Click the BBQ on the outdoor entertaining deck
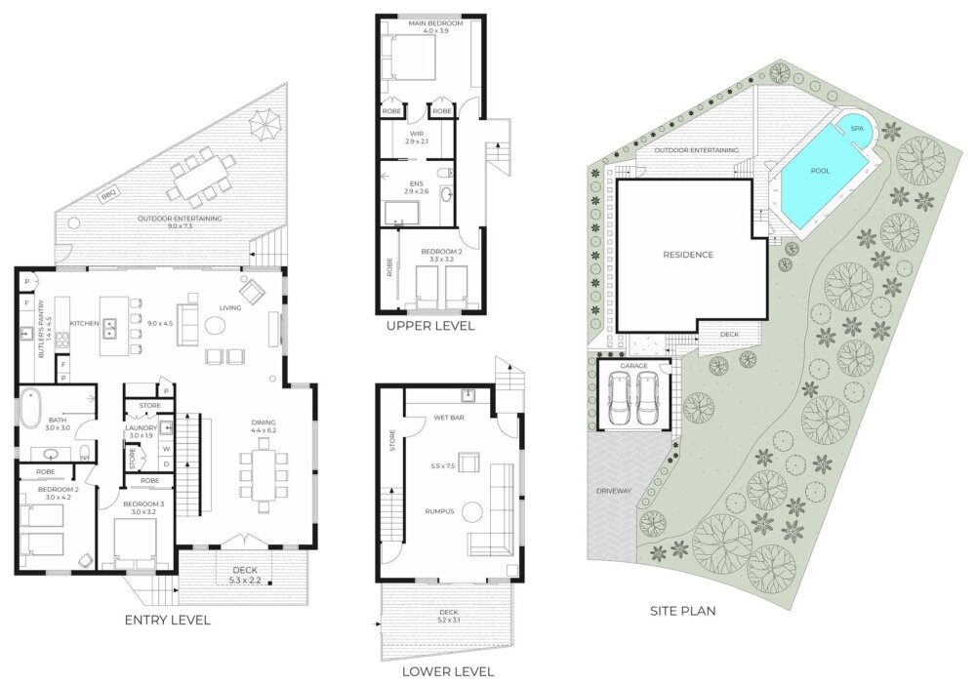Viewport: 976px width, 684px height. click(x=109, y=195)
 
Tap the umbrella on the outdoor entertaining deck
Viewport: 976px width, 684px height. click(x=267, y=123)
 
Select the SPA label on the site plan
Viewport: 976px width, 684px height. click(x=857, y=128)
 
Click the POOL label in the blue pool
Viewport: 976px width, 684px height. click(x=820, y=171)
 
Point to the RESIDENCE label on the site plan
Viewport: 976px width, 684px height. click(x=688, y=255)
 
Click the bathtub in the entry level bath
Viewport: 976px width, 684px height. click(x=29, y=408)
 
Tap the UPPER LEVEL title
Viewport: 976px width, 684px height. click(x=430, y=326)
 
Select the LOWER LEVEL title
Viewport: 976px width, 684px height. click(x=448, y=671)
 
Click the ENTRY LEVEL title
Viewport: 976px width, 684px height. click(x=168, y=620)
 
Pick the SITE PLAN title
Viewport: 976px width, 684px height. click(x=683, y=611)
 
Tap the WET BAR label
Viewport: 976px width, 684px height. click(x=449, y=418)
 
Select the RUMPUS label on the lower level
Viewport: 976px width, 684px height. click(x=439, y=511)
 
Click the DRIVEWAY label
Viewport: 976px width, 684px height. click(x=614, y=491)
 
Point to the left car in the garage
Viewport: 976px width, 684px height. click(x=619, y=398)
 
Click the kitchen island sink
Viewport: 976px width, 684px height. click(x=110, y=328)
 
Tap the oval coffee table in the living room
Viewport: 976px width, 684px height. click(x=216, y=326)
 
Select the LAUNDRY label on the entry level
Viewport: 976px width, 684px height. click(x=142, y=428)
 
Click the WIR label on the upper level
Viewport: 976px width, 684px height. click(x=417, y=134)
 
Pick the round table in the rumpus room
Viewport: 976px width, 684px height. click(x=471, y=513)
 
